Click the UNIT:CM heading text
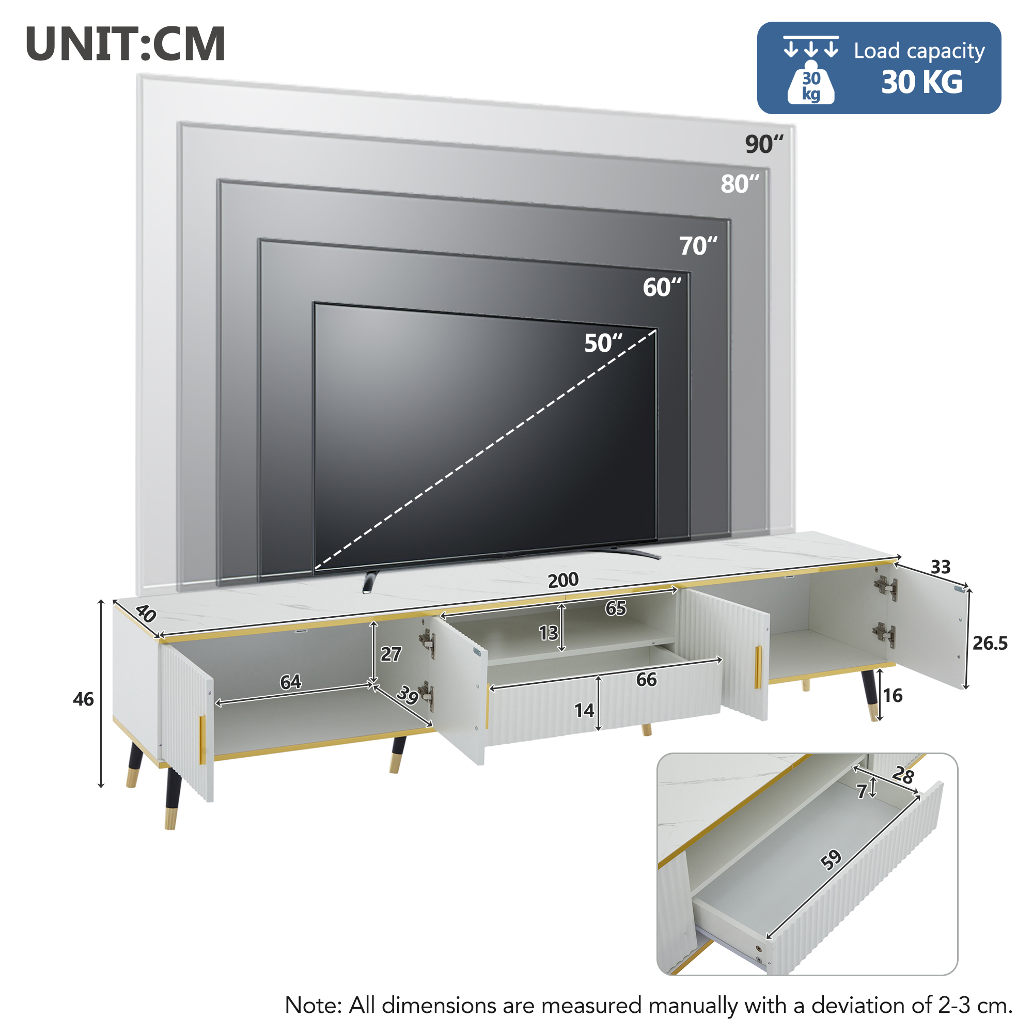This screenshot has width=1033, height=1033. click(x=126, y=44)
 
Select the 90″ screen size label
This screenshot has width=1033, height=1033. click(x=763, y=145)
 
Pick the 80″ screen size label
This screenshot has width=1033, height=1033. click(x=740, y=184)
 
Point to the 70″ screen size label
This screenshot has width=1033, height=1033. click(x=698, y=246)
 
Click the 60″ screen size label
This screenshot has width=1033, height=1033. click(x=662, y=288)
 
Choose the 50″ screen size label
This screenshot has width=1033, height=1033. click(x=603, y=343)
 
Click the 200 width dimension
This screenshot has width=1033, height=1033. click(x=563, y=580)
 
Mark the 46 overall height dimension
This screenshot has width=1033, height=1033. click(x=83, y=699)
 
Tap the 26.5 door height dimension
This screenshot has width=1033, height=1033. click(x=990, y=643)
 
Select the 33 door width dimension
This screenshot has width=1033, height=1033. click(x=941, y=567)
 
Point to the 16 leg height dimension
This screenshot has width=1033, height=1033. click(x=893, y=696)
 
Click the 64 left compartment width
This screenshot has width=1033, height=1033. click(x=290, y=682)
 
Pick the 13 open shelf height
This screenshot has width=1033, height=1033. click(x=548, y=633)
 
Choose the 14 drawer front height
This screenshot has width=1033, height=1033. click(x=584, y=711)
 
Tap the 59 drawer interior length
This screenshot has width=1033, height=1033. click(x=831, y=860)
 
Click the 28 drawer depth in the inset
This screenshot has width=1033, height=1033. click(x=903, y=775)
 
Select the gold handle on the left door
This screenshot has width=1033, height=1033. click(x=202, y=740)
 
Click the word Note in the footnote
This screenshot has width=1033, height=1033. click(x=313, y=1006)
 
